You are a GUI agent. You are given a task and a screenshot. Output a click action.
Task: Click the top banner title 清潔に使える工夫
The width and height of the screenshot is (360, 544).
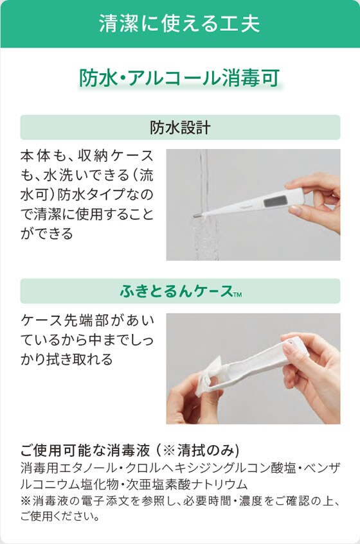179,24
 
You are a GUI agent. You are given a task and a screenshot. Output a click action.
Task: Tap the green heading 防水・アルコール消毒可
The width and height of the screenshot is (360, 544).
179,78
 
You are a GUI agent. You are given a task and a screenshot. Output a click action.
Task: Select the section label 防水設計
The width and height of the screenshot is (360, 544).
180,127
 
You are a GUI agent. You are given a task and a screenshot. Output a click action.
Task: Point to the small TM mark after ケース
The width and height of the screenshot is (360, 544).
237,295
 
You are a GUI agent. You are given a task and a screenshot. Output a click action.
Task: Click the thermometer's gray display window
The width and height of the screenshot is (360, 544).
275,201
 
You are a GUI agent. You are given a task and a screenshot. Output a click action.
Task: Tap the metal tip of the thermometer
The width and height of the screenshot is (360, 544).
197,215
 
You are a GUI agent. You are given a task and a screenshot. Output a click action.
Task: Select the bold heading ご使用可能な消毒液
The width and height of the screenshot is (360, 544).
85,450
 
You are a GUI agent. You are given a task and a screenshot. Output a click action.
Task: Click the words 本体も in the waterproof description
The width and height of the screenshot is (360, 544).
42,155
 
